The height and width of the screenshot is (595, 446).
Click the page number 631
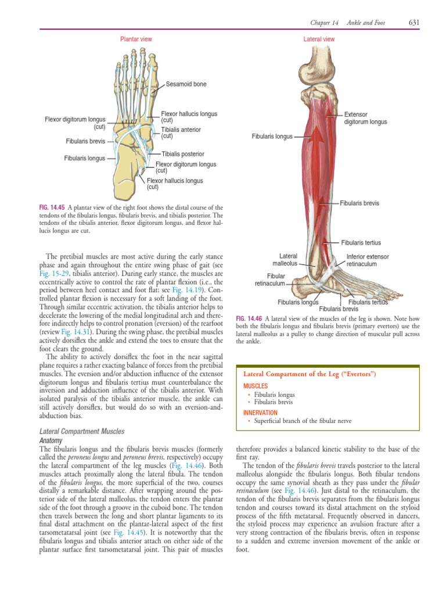click(413, 23)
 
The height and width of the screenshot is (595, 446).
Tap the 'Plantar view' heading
click(136, 39)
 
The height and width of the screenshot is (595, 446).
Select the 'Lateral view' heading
click(319, 39)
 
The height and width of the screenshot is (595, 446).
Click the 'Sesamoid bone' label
click(186, 84)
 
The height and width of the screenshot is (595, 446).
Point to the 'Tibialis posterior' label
click(183, 154)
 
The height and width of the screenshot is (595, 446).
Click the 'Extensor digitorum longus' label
click(365, 118)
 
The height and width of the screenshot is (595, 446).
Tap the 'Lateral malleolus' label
click(288, 260)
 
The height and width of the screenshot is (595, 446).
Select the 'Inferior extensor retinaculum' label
click(368, 260)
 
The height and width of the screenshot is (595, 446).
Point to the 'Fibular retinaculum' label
click(270, 279)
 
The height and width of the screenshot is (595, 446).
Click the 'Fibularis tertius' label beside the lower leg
click(361, 242)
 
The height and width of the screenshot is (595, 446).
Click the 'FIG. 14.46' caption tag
click(249, 318)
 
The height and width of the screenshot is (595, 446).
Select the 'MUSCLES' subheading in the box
click(255, 386)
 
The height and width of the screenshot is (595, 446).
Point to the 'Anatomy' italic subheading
click(50, 440)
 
